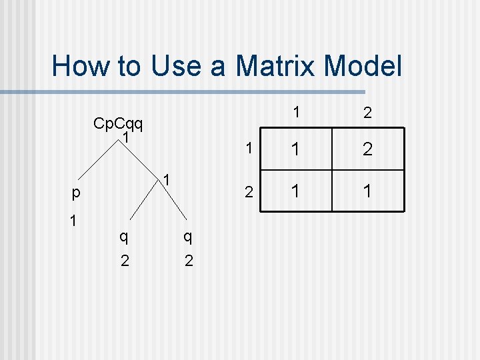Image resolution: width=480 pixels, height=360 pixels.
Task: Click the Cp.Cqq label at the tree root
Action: click(120, 123)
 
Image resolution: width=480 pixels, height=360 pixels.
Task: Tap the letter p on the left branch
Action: click(77, 193)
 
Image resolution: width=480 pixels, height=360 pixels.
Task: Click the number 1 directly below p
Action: click(73, 220)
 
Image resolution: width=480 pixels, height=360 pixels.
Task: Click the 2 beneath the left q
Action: click(125, 260)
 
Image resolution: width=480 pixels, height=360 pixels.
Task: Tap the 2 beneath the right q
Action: click(189, 260)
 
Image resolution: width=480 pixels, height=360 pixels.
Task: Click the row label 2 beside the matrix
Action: click(248, 193)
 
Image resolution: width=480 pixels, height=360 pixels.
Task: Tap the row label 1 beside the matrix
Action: click(248, 150)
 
